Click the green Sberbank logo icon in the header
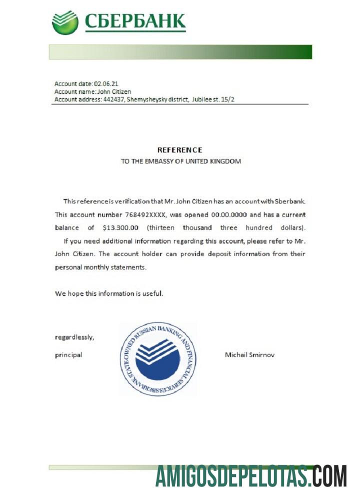pos(65,22)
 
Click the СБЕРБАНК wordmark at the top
pos(135,21)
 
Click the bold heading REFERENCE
pos(180,150)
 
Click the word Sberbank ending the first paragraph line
pos(289,201)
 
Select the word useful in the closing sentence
pos(152,293)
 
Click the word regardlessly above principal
pos(74,337)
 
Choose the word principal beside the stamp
pos(68,355)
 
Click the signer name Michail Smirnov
pos(250,355)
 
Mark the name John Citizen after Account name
pos(114,92)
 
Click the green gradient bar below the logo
pos(180,52)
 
